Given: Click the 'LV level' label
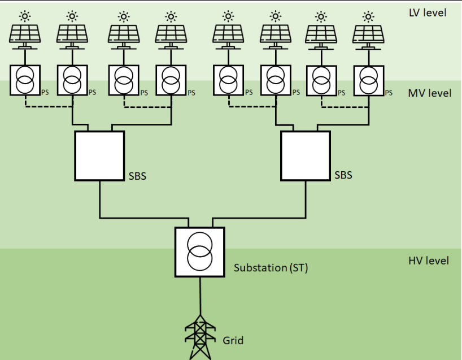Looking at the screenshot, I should tap(427, 12).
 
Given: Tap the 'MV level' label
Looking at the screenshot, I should tap(429, 93).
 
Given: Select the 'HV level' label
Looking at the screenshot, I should tap(428, 261).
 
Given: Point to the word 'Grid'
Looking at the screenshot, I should tap(233, 340).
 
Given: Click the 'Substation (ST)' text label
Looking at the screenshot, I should tap(271, 268).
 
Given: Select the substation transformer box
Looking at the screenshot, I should tap(199, 251).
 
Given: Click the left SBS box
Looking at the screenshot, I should tap(99, 156).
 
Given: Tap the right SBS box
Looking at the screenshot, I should tap(306, 156).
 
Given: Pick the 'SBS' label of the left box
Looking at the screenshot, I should tap(137, 176).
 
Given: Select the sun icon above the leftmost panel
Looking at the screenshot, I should tap(25, 15).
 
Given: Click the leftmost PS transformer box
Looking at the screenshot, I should tap(25, 80).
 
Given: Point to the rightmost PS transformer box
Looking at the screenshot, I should tap(368, 80).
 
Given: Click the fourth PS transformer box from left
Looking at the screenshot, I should tap(170, 80).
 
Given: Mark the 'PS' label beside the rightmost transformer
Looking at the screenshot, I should tap(388, 93).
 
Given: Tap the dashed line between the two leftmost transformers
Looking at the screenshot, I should tap(49, 106).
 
